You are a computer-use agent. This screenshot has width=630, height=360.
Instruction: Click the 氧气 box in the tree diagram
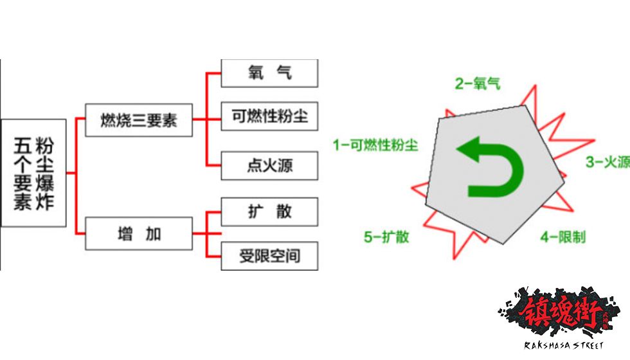tap(269, 72)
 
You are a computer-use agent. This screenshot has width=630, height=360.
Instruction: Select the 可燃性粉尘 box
tap(269, 116)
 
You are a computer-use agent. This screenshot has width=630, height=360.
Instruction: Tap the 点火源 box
tap(269, 166)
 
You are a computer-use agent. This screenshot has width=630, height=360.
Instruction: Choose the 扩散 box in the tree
tap(269, 212)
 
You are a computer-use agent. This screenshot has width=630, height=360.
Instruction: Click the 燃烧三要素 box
tap(139, 120)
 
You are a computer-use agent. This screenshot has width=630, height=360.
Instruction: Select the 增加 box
tap(139, 234)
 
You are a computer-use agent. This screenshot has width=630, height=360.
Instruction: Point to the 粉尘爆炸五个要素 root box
tap(33, 172)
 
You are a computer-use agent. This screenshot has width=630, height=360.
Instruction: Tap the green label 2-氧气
tap(477, 83)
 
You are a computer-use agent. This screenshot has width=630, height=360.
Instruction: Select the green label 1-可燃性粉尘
tap(375, 145)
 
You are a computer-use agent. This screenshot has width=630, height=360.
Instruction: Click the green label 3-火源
tap(606, 162)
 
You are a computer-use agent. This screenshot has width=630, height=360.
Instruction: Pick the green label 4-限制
tap(562, 237)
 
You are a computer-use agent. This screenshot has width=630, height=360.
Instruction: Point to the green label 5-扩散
tap(386, 237)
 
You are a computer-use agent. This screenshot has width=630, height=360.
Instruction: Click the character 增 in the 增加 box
tap(124, 234)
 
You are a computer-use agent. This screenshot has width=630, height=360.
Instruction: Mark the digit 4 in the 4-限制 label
tap(544, 237)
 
